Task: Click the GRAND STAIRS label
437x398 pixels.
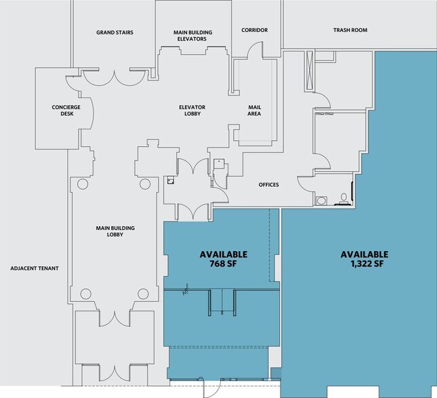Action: pyautogui.click(x=114, y=32)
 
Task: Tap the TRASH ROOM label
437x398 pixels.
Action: pyautogui.click(x=350, y=30)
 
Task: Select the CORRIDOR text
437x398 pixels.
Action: pyautogui.click(x=255, y=30)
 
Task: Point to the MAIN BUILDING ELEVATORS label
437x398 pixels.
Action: pyautogui.click(x=192, y=35)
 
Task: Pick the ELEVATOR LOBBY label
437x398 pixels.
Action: pyautogui.click(x=192, y=111)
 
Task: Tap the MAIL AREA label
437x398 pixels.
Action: pyautogui.click(x=255, y=111)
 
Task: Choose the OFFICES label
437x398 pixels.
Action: pyautogui.click(x=268, y=185)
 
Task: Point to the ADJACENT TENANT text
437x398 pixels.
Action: pyautogui.click(x=35, y=269)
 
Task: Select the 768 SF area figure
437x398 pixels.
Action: pyautogui.click(x=223, y=264)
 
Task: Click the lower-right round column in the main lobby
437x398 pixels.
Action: pyautogui.click(x=143, y=293)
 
